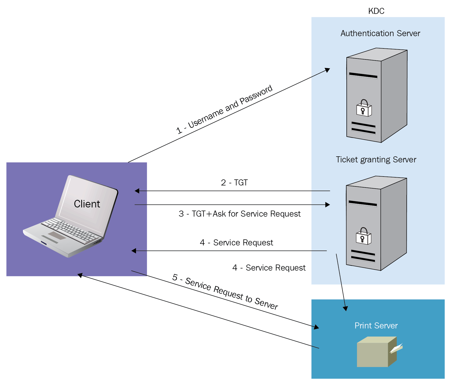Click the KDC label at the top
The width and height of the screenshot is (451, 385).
376,11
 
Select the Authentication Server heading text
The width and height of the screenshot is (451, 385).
380,33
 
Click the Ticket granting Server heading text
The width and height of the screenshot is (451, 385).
376,159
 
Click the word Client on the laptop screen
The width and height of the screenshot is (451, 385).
87,204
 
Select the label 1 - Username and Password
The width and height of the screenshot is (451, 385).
224,109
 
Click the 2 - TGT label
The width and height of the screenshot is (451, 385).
234,182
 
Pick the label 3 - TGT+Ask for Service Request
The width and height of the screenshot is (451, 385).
240,214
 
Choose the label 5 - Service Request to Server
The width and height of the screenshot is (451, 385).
225,292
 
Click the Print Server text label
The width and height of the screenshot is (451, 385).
376,326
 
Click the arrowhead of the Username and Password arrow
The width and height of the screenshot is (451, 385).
328,70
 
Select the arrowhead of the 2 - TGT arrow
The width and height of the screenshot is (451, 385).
137,191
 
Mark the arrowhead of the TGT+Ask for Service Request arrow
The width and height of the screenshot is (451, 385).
328,205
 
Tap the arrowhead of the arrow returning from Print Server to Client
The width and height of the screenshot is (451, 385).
80,275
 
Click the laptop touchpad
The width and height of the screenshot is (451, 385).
57,235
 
